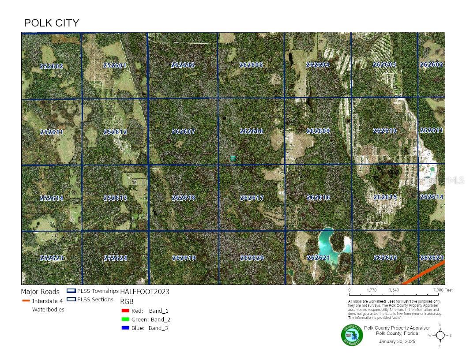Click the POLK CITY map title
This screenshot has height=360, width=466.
pyautogui.click(x=51, y=23)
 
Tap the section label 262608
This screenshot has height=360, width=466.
pyautogui.click(x=251, y=131)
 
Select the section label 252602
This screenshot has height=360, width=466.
pyautogui.click(x=51, y=67)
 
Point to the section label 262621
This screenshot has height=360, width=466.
pyautogui.click(x=318, y=258)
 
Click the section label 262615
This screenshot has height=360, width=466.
pyautogui.click(x=385, y=197)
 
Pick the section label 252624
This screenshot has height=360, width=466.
pyautogui.click(x=116, y=258)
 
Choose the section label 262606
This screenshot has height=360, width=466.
pyautogui.click(x=182, y=65)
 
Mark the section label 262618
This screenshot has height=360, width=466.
pyautogui.click(x=183, y=198)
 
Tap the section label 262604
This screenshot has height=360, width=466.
pyautogui.click(x=318, y=65)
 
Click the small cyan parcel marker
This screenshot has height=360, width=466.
pyautogui.click(x=233, y=158)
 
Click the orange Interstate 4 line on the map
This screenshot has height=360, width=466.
pyautogui.click(x=424, y=273)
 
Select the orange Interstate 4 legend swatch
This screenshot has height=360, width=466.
pyautogui.click(x=26, y=301)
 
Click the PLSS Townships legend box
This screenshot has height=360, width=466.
pyautogui.click(x=71, y=291)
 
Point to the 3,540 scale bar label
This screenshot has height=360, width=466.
pyautogui.click(x=394, y=290)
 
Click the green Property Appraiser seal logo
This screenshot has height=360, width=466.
pyautogui.click(x=352, y=335)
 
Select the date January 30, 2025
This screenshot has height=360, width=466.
pyautogui.click(x=397, y=341)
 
